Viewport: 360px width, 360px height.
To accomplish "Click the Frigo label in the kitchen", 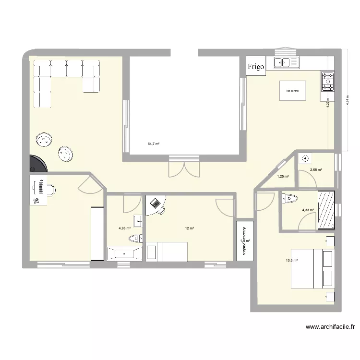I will click(x=255, y=67).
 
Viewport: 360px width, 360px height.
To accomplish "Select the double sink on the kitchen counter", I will click(x=286, y=61).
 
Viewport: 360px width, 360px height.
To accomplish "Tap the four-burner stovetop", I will click(x=327, y=81).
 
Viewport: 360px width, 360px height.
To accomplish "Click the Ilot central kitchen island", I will click(x=292, y=90).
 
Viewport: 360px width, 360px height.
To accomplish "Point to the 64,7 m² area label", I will click(x=154, y=143).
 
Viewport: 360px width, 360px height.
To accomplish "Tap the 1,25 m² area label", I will click(x=283, y=177).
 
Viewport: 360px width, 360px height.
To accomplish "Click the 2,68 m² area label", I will click(x=315, y=170).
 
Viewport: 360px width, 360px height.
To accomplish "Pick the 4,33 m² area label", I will click(x=308, y=210).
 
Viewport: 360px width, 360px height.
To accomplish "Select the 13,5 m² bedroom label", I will click(x=292, y=261).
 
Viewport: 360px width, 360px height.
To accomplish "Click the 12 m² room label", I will click(x=190, y=228).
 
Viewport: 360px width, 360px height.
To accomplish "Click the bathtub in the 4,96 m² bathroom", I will click(x=124, y=253).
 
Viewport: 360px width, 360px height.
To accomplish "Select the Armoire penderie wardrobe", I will click(x=245, y=240).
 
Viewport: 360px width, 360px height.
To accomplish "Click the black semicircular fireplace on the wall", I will click(x=36, y=164).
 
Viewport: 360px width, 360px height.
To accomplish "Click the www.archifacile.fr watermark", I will click(x=330, y=327).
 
